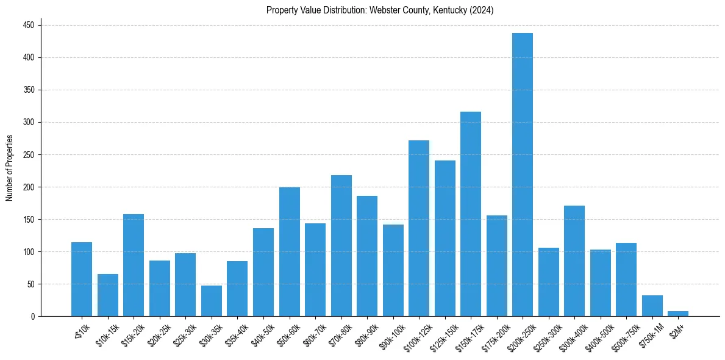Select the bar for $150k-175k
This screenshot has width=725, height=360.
(471, 214)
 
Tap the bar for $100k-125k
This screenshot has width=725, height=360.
(419, 228)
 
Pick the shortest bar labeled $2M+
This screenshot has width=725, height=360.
(678, 314)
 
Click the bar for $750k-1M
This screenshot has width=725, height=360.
(652, 306)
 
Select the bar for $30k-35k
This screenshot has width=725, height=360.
(212, 301)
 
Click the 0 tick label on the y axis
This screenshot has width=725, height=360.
(34, 316)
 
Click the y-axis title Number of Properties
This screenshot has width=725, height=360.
(10, 168)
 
